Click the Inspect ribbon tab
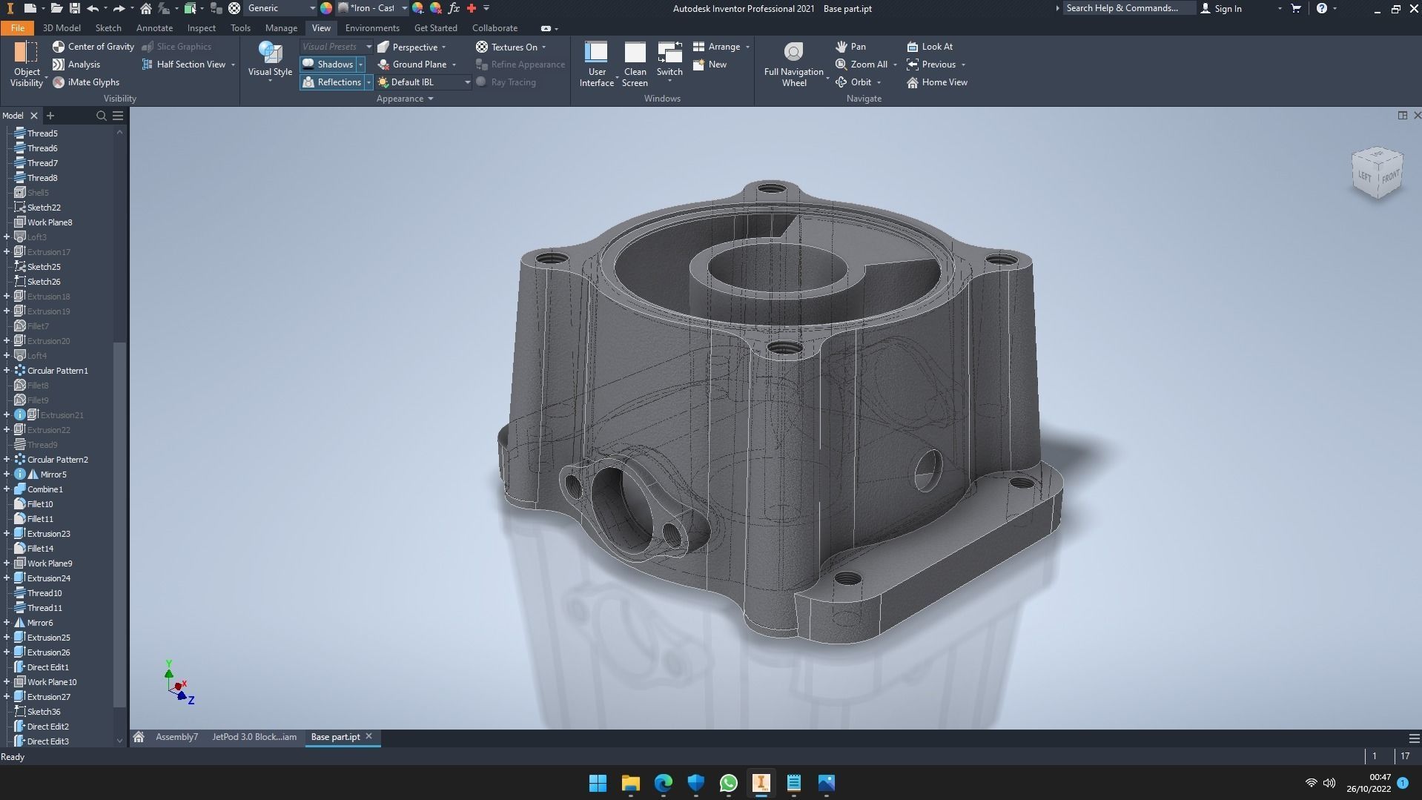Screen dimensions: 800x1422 pyautogui.click(x=201, y=28)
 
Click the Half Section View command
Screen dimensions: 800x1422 pyautogui.click(x=190, y=65)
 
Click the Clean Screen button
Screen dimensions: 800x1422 pyautogui.click(x=635, y=64)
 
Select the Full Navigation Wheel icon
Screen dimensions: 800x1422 pyautogui.click(x=793, y=53)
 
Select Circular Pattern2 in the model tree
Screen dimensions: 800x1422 pyautogui.click(x=57, y=460)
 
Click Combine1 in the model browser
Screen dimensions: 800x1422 pyautogui.click(x=44, y=489)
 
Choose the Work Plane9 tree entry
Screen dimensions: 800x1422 pyautogui.click(x=49, y=563)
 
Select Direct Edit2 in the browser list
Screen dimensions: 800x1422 pyautogui.click(x=47, y=727)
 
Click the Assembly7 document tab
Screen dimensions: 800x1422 pyautogui.click(x=176, y=737)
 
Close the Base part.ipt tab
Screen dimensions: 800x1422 pyautogui.click(x=368, y=736)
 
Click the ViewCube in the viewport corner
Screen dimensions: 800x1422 pyautogui.click(x=1377, y=173)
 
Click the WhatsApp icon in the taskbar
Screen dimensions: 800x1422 pyautogui.click(x=728, y=783)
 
